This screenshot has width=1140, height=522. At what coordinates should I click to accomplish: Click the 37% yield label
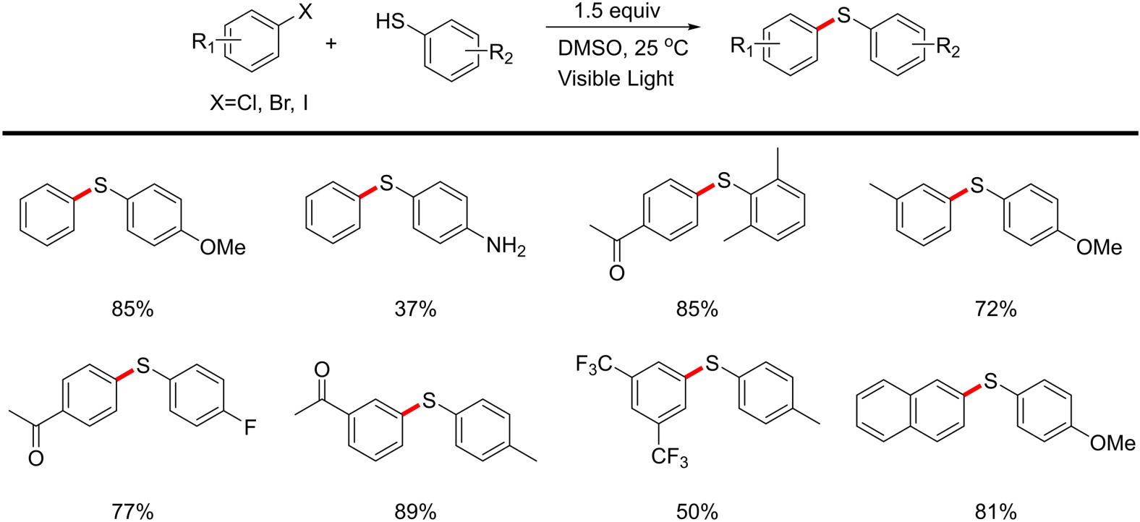tap(415, 309)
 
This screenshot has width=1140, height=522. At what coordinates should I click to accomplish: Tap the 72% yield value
tap(995, 309)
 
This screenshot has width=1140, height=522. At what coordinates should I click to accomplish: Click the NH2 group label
tap(506, 247)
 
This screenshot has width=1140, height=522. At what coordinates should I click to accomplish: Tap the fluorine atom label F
tap(250, 428)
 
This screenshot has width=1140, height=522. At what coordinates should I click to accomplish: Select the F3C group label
tap(595, 364)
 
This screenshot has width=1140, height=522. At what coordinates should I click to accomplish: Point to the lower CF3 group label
tap(669, 458)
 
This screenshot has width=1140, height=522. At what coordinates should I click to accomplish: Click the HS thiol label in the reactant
tap(391, 22)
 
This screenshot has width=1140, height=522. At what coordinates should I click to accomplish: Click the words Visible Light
tap(616, 78)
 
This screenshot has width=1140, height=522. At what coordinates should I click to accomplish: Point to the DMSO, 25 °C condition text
tap(622, 48)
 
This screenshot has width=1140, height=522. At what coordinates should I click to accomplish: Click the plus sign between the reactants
tap(331, 43)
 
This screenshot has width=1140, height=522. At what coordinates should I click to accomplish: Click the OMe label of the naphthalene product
tap(1112, 442)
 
